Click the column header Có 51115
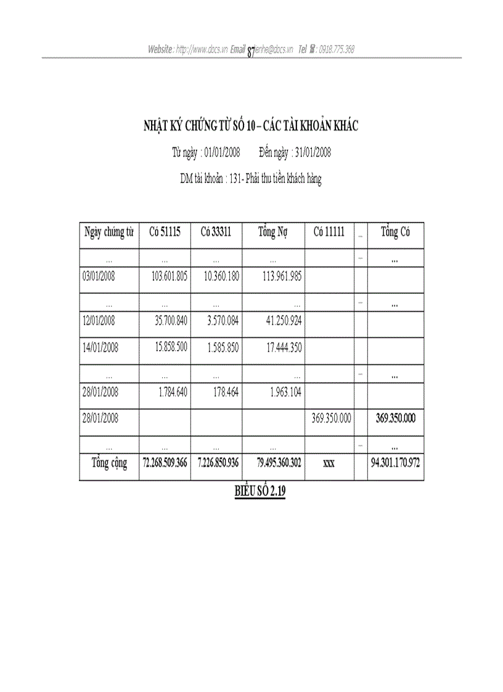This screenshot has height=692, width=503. pyautogui.click(x=165, y=232)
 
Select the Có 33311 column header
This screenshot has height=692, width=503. pyautogui.click(x=216, y=232)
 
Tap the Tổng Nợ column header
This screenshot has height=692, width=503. pyautogui.click(x=273, y=232)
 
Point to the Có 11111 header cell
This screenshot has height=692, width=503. pyautogui.click(x=329, y=232)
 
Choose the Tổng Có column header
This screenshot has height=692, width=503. pyautogui.click(x=395, y=232)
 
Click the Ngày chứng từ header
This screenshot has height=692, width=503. pyautogui.click(x=109, y=232)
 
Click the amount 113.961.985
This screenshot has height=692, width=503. pyautogui.click(x=282, y=277)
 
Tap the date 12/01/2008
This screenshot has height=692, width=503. pyautogui.click(x=100, y=321)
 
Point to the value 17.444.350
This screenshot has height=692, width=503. pyautogui.click(x=284, y=348)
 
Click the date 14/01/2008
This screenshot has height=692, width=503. pyautogui.click(x=100, y=348)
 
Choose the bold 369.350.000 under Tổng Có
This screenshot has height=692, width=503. pyautogui.click(x=396, y=418)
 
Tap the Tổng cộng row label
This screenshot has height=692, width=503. pyautogui.click(x=109, y=463)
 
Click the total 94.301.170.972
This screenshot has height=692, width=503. pyautogui.click(x=396, y=463)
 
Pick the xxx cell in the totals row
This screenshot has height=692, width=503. pyautogui.click(x=329, y=464)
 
